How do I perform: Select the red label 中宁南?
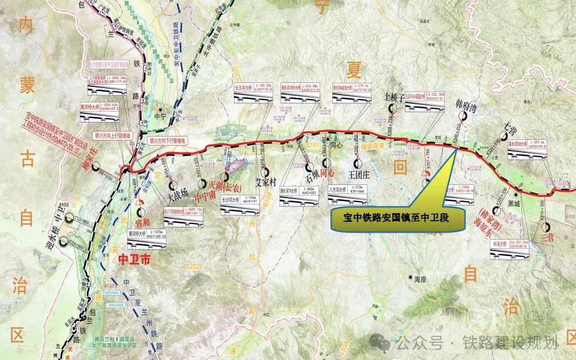[206, 194]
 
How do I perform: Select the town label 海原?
[419, 279]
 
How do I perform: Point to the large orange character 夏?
[352, 70]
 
